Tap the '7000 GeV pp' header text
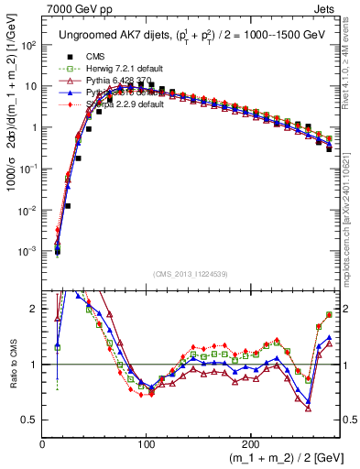coord(72,7)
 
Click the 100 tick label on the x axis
coord(147,443)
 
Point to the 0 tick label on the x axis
coord(43,443)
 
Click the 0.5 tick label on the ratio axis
coord(30,420)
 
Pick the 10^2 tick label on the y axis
coord(28,45)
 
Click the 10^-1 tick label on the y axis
coord(28,169)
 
